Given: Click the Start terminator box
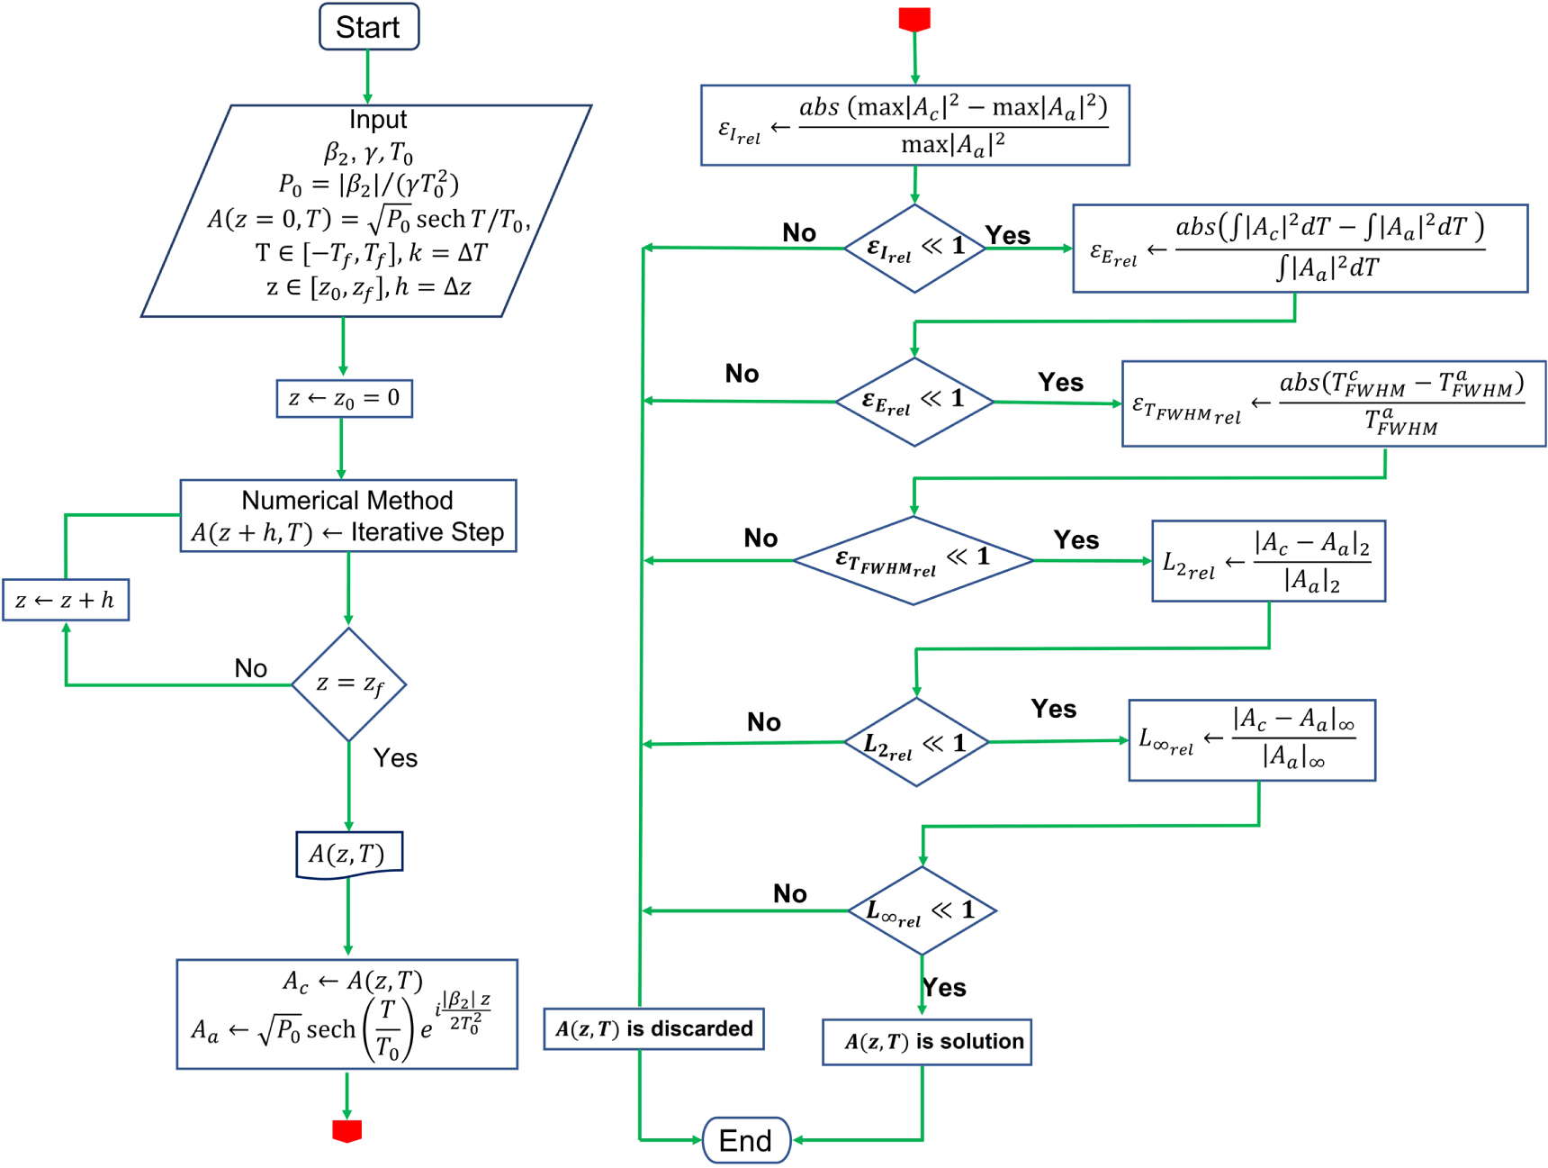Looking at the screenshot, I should point(368,27).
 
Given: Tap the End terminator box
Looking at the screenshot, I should point(745,1140).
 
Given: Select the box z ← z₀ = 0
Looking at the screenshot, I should point(344,398).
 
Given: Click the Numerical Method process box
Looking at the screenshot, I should point(347,515).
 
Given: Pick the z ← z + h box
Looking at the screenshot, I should point(65,600).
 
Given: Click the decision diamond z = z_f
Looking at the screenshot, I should point(348,684).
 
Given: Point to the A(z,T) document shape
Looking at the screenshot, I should point(348,854).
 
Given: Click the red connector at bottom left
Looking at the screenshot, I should point(346,1130).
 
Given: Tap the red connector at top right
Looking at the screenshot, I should point(913,19).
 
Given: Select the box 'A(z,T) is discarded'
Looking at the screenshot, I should point(653,1028).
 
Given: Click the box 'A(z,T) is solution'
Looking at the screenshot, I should point(926,1042).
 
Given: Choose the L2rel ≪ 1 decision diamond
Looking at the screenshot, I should point(915,743).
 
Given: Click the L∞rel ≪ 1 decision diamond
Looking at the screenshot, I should point(922,910).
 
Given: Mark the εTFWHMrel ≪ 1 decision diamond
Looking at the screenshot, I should point(913,560).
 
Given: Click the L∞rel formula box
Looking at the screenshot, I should point(1251,740).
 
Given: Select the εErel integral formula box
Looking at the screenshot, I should point(1300,249).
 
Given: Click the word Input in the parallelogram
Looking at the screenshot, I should point(378,120).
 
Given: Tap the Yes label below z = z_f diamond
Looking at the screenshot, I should point(395,757).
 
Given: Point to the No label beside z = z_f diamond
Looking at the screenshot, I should point(250,667).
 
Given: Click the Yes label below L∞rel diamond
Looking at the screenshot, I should point(944,987).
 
